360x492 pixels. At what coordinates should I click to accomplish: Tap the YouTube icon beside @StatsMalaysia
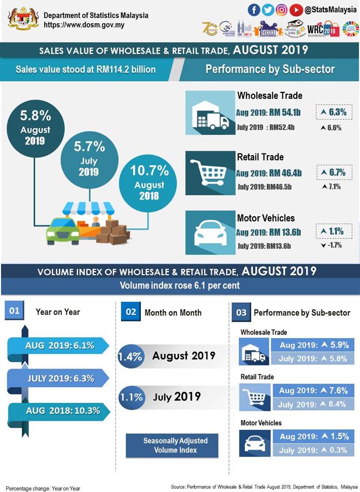[296, 10]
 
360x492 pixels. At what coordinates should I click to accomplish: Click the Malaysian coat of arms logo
[23, 19]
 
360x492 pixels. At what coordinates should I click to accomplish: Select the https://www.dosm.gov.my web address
[84, 25]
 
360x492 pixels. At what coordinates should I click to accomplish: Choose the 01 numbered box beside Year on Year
[15, 311]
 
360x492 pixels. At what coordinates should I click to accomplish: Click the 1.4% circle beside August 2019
[129, 357]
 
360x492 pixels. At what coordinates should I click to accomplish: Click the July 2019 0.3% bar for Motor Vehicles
[314, 450]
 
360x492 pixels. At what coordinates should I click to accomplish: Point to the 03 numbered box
[241, 313]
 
